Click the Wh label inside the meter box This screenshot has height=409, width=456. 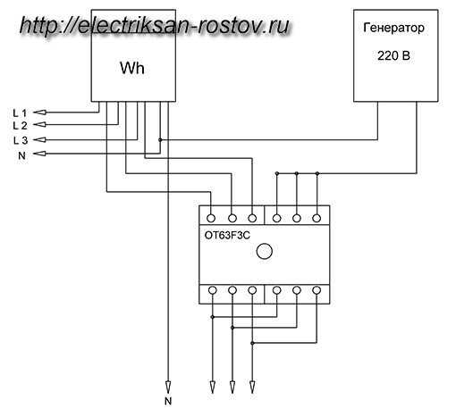coord(132,68)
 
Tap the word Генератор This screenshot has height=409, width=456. coord(393,28)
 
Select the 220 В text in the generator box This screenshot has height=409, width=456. coord(393,55)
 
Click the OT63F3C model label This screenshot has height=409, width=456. coord(227,236)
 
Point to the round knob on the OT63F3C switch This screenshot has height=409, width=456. coord(265,251)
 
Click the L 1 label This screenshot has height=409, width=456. coord(20,113)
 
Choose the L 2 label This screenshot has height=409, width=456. coord(20,126)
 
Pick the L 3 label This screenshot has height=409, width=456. coord(21,140)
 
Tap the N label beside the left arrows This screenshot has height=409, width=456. coord(21,155)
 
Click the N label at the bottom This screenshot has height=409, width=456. coord(168,401)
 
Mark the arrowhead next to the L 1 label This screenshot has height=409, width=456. coord(39,113)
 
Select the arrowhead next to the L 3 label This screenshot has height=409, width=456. coord(39,139)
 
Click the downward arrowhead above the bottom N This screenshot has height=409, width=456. coord(168,387)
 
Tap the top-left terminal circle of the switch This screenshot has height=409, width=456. coord(211,218)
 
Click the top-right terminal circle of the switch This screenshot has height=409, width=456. coord(317,218)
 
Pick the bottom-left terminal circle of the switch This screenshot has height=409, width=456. coord(212,290)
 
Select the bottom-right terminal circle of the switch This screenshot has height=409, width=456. coord(317,290)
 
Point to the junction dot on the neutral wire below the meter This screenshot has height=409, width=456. coord(160,139)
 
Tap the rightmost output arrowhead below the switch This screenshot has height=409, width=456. coord(252,387)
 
